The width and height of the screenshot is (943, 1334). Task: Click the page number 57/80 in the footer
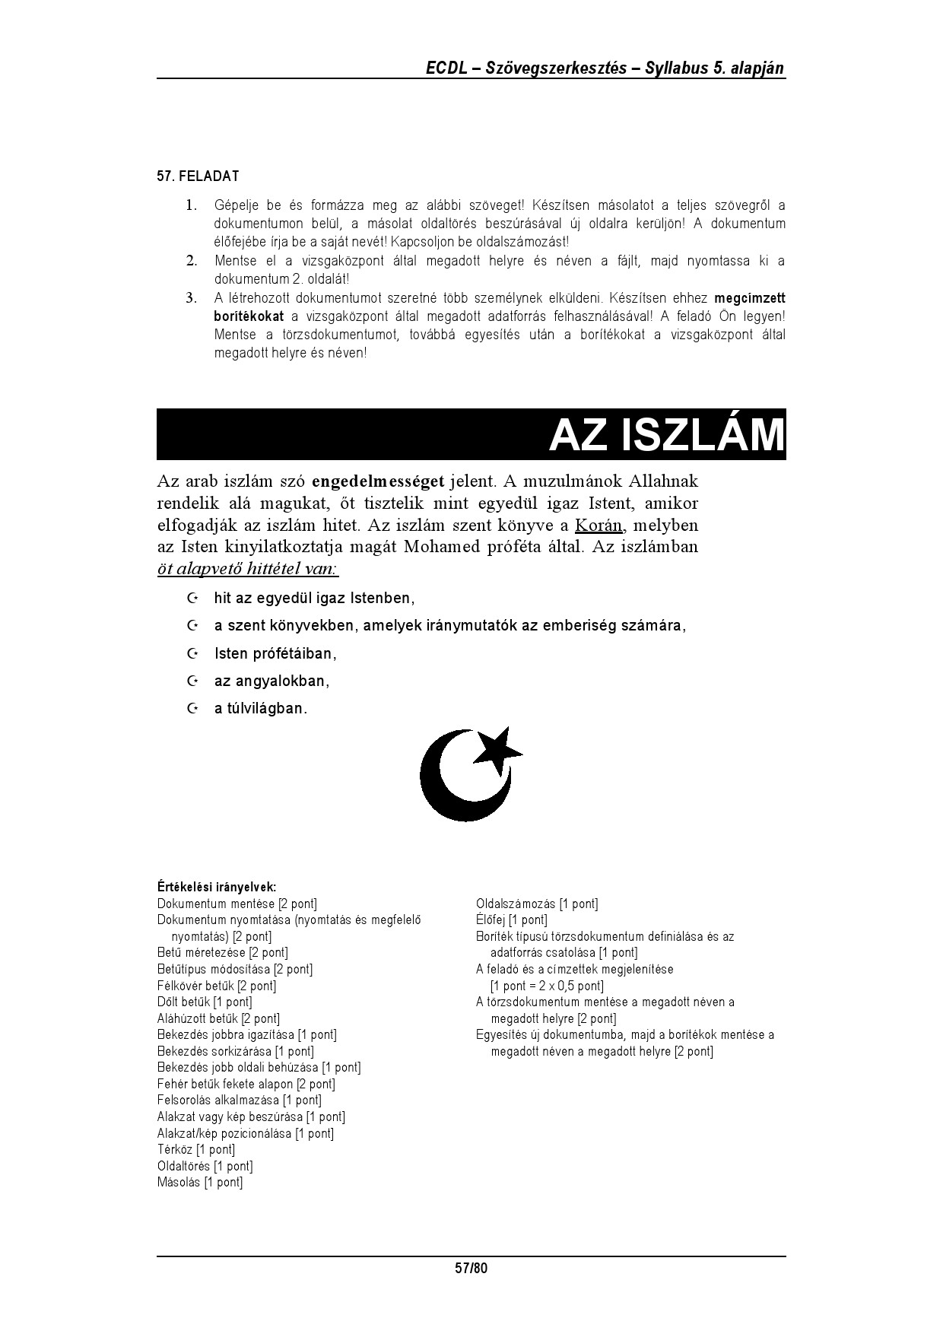(x=471, y=1268)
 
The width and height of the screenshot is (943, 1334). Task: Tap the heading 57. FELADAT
(x=198, y=176)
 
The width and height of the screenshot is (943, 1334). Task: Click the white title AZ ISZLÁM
(x=666, y=435)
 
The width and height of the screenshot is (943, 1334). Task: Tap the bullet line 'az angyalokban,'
(x=271, y=681)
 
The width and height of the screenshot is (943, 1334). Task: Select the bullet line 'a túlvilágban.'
(x=261, y=709)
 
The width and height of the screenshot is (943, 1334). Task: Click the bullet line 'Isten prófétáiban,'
(x=275, y=654)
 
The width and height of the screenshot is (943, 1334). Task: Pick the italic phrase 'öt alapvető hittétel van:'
(x=247, y=570)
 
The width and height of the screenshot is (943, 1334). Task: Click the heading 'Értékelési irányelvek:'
(x=216, y=887)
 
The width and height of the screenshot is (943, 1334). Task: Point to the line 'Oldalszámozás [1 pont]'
(x=537, y=904)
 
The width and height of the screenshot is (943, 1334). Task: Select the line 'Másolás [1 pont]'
(x=200, y=1183)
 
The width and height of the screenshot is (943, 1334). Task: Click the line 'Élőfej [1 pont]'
(x=511, y=920)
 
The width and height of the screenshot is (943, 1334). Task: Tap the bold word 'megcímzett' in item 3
(x=750, y=298)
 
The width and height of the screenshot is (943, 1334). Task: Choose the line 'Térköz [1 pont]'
(x=196, y=1150)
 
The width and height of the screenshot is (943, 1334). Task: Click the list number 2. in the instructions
(x=192, y=261)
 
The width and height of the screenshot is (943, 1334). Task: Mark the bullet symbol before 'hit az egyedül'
(x=192, y=599)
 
